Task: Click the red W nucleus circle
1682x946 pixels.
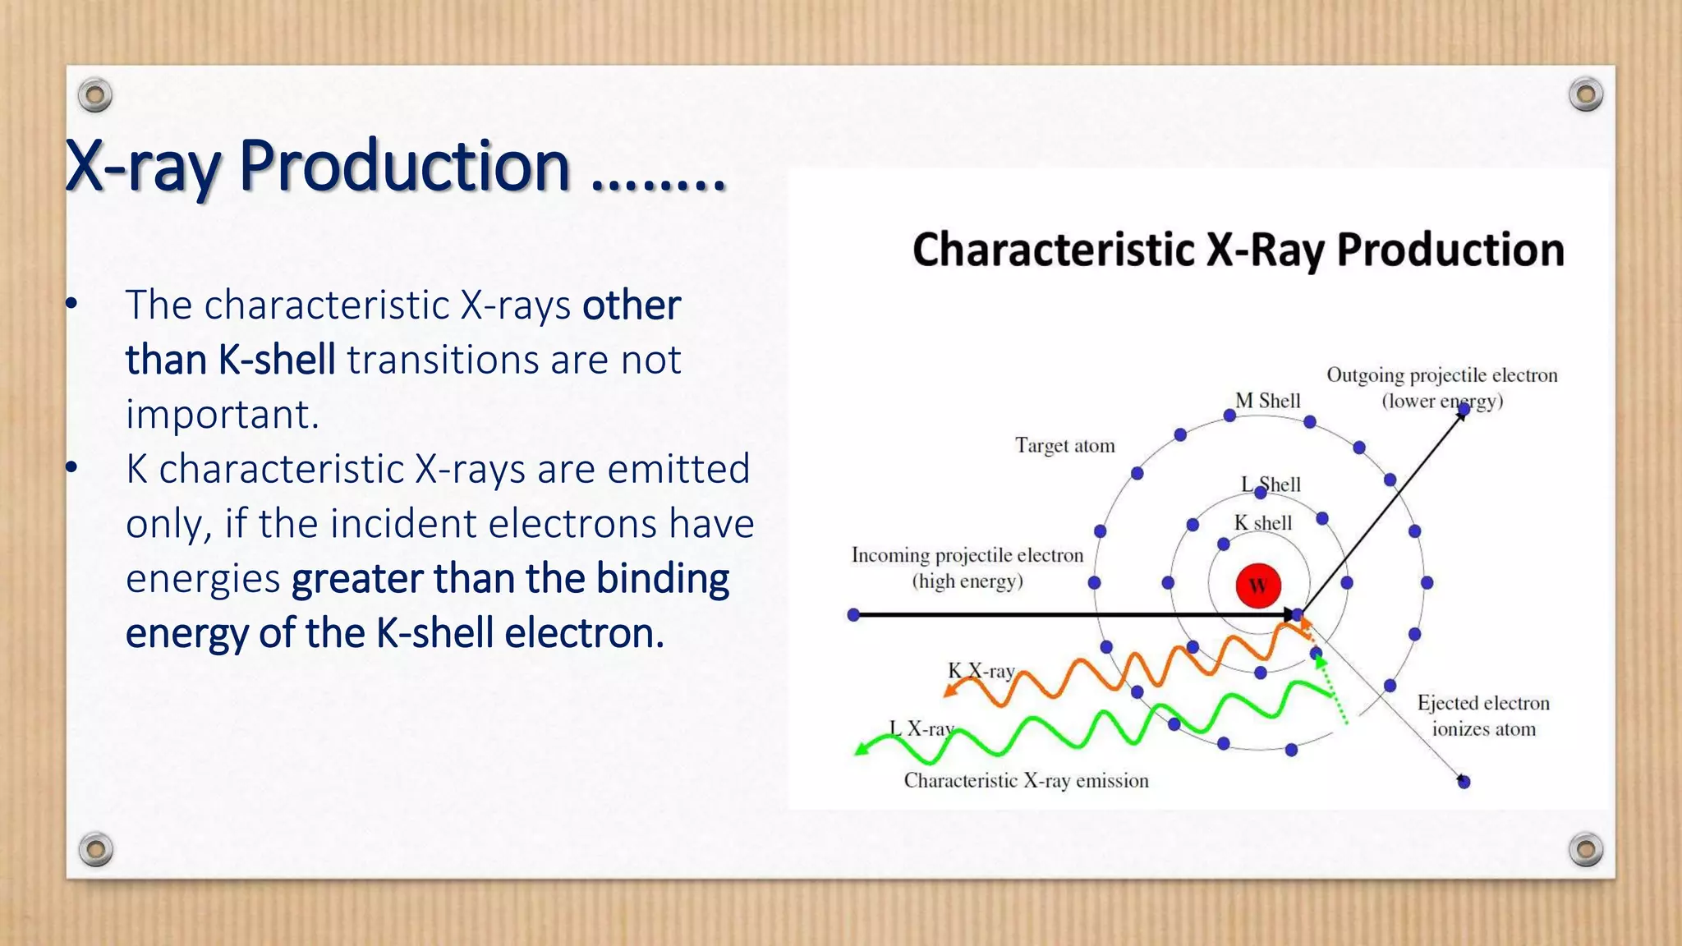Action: point(1257,586)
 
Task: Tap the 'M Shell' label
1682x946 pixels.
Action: point(1267,401)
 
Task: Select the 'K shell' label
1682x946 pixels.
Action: point(1263,523)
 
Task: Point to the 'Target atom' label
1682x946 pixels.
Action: point(1064,446)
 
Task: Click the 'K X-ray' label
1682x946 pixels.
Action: point(981,671)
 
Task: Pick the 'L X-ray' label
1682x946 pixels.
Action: point(921,728)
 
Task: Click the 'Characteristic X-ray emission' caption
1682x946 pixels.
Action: point(1026,780)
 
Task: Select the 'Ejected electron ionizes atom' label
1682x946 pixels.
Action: point(1482,715)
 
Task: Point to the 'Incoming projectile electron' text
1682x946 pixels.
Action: point(967,556)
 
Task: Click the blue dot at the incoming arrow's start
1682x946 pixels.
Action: point(853,614)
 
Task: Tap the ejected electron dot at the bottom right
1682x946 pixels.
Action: point(1463,782)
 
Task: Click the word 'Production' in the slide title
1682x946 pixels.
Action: point(404,166)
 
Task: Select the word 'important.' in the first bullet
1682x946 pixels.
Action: point(222,415)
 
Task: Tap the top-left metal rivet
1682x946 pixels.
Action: point(95,96)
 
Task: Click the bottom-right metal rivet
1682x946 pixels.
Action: point(1585,849)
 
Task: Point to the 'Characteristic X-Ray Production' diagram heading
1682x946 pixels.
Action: point(1238,250)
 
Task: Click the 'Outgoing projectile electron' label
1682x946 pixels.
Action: point(1441,376)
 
